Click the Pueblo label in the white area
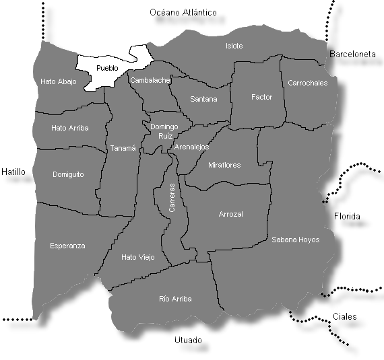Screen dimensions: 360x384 pyautogui.click(x=107, y=68)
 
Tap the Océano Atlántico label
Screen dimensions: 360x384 pyautogui.click(x=183, y=12)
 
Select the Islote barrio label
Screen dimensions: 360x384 pyautogui.click(x=234, y=46)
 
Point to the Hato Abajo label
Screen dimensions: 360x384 pyautogui.click(x=59, y=82)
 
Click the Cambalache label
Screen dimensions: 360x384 pyautogui.click(x=150, y=80)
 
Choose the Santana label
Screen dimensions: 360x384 pyautogui.click(x=203, y=99)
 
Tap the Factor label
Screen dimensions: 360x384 pyautogui.click(x=261, y=97)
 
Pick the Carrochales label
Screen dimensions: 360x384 pyautogui.click(x=307, y=83)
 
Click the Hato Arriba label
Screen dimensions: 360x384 pyautogui.click(x=70, y=127)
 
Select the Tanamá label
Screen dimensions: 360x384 pyautogui.click(x=123, y=148)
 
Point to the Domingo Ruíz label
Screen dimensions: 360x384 pyautogui.click(x=164, y=131)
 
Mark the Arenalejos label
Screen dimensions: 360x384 pyautogui.click(x=191, y=146)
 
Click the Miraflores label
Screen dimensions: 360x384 pyautogui.click(x=224, y=165)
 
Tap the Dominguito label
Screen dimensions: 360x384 pyautogui.click(x=68, y=174)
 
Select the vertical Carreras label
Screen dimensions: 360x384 pyautogui.click(x=172, y=199)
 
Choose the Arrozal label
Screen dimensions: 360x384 pyautogui.click(x=230, y=214)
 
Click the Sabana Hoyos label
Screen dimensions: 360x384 pyautogui.click(x=295, y=239)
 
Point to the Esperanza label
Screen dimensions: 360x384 pyautogui.click(x=67, y=246)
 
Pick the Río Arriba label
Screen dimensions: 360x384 pyautogui.click(x=175, y=298)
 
